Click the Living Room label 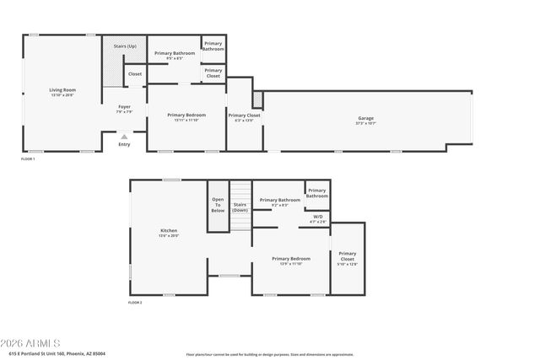[62, 90]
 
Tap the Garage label [365, 119]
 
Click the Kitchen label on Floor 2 [170, 231]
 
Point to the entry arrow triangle [124, 136]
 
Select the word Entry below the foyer [124, 144]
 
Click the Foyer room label [124, 107]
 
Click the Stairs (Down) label [240, 207]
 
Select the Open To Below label [218, 205]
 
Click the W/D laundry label [318, 217]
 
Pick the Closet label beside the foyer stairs [135, 74]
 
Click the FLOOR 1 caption [28, 159]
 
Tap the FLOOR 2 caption [135, 302]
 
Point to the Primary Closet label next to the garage [244, 116]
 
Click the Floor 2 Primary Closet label [347, 258]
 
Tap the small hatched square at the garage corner [257, 99]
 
